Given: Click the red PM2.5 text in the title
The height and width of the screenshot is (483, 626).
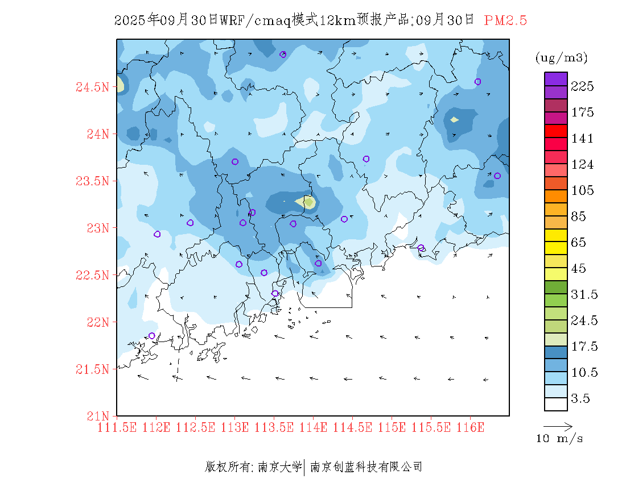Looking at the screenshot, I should coord(505,20).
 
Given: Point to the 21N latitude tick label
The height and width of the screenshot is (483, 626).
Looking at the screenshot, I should coord(97,416).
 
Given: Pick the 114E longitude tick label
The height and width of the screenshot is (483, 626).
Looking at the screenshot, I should coord(314,427).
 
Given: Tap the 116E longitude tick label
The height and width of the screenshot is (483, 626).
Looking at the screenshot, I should coord(470,427).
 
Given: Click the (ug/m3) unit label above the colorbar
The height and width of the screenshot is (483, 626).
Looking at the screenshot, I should coord(562,58).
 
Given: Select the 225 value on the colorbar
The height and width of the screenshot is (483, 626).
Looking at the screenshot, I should coord(583,86).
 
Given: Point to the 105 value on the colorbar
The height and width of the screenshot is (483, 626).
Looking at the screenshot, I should coord(583,190).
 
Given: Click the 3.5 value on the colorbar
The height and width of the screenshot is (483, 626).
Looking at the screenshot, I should coord(580,399).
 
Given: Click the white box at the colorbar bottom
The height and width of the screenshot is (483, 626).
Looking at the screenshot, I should coord(556,404).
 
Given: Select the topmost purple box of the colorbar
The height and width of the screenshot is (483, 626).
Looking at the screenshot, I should coord(556,78).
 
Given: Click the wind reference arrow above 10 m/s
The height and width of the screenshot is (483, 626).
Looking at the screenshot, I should coord(558,426).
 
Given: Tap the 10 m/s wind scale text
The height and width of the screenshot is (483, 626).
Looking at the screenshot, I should coord(560,439).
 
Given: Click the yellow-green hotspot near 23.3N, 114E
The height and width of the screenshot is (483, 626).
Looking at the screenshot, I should coord(308,202).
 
